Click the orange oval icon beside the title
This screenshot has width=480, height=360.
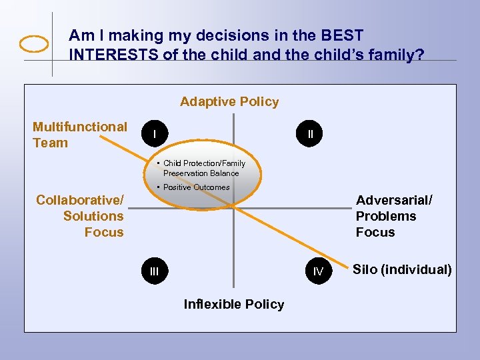[x=34, y=44]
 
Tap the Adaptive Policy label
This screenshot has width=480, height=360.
[x=229, y=102]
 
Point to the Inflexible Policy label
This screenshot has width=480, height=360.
[x=233, y=305]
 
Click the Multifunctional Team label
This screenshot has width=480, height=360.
[x=79, y=135]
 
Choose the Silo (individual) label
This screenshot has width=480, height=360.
[x=401, y=270]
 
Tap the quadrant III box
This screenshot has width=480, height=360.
[x=155, y=271]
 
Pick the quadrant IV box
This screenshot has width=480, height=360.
[x=318, y=271]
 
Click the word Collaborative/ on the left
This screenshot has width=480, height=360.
[x=79, y=200]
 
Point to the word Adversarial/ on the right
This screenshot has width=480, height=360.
[x=394, y=200]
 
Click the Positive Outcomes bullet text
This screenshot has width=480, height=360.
[x=196, y=187]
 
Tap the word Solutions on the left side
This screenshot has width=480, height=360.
[x=93, y=216]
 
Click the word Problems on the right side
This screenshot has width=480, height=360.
[x=385, y=216]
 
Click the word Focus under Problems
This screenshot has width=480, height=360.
[x=375, y=232]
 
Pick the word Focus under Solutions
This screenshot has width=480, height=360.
[x=104, y=232]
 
